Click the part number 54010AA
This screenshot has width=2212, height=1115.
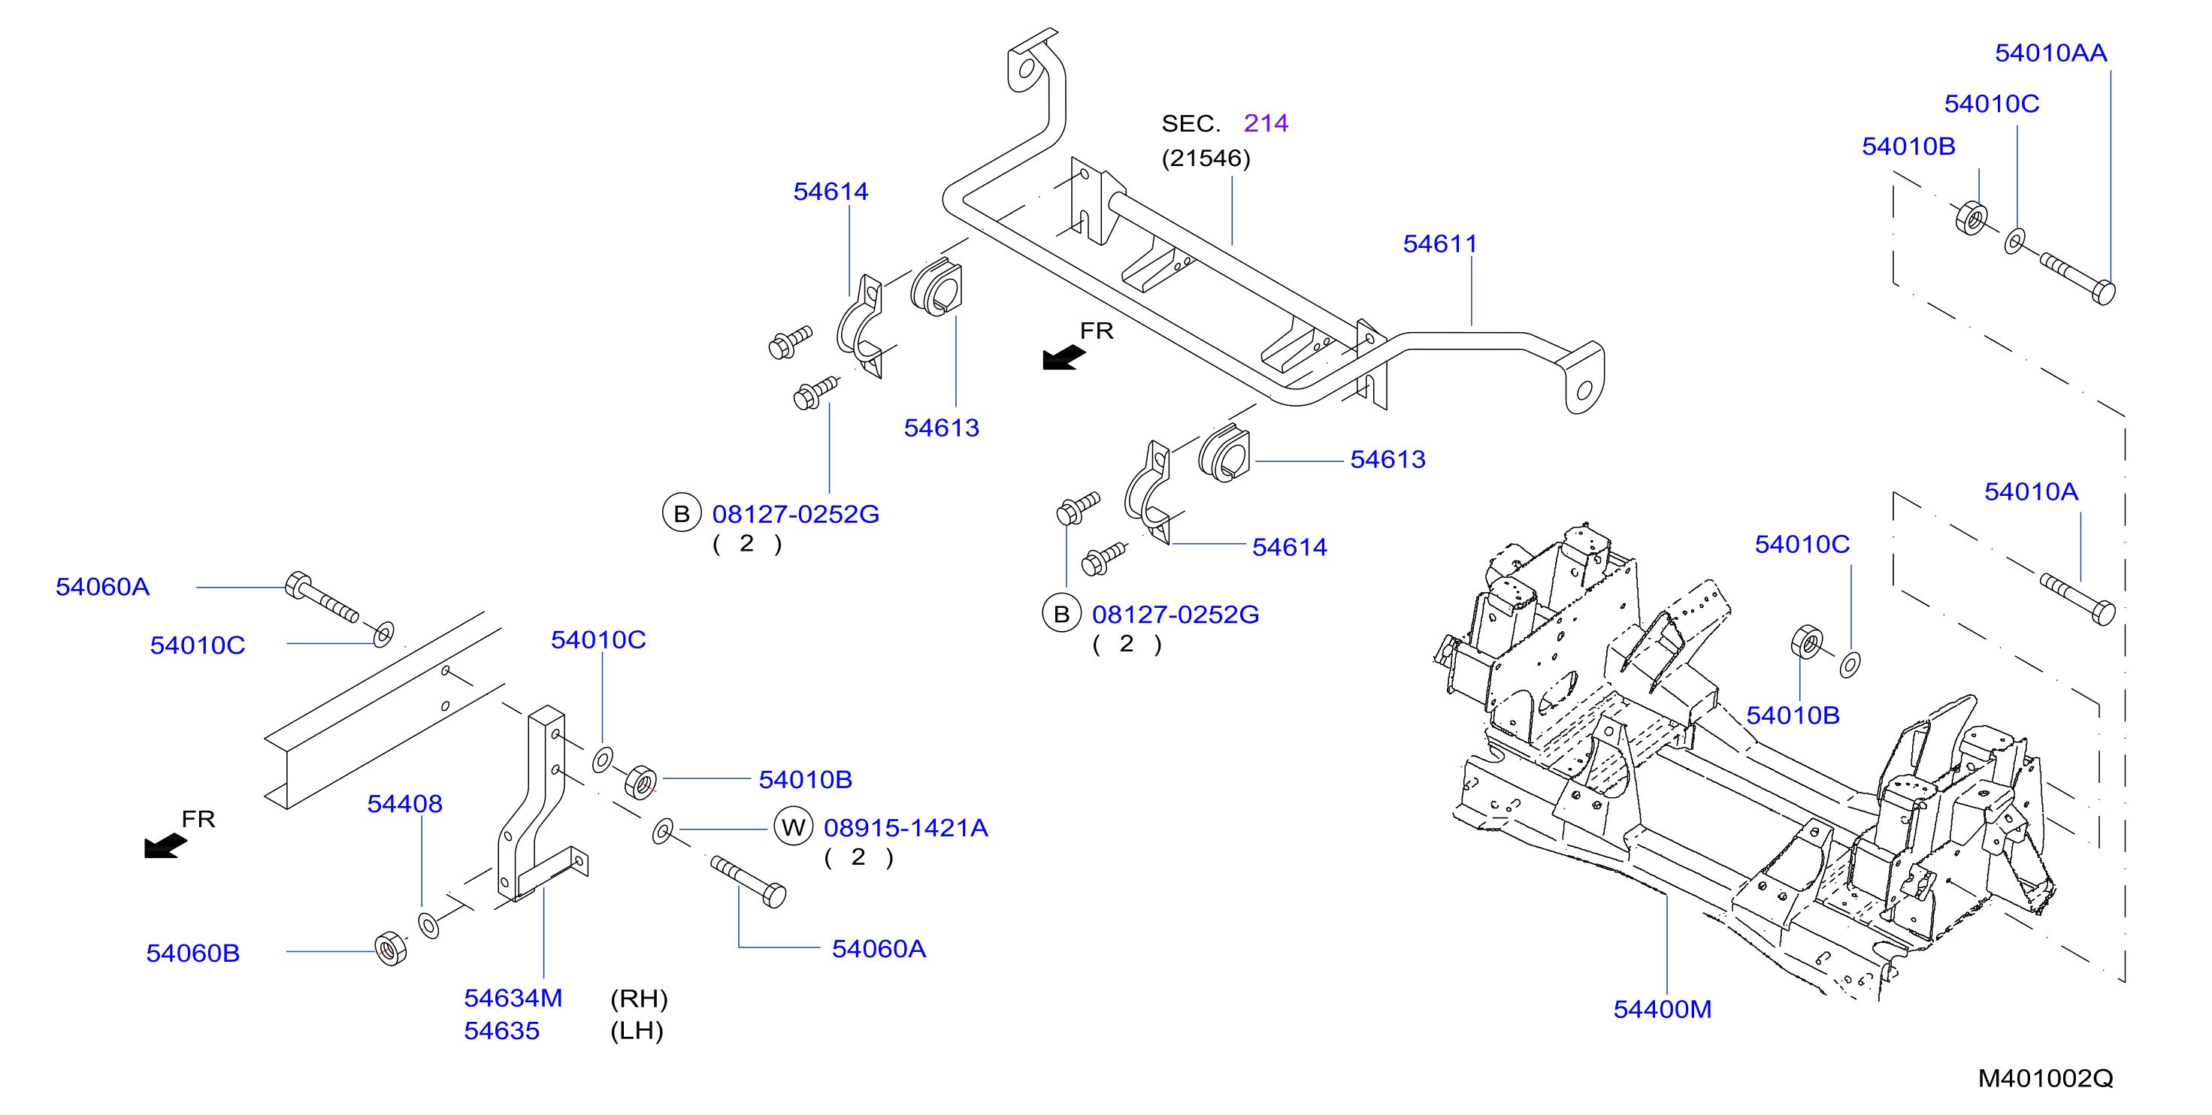point(2050,53)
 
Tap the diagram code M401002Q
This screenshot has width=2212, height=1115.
point(2045,1078)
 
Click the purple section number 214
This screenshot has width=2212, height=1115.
point(1266,124)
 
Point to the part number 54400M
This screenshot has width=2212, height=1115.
point(1663,1009)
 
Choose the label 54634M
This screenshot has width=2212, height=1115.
point(513,999)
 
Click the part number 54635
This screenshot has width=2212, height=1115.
point(501,1031)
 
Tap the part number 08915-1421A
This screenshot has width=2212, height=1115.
point(906,828)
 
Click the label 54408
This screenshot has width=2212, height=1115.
point(404,804)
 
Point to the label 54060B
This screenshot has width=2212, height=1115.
point(193,953)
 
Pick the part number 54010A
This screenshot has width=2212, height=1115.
point(2031,492)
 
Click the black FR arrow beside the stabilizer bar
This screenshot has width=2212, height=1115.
point(1064,357)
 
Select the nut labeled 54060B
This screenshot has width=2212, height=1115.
point(392,948)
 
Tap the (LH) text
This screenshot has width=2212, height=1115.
point(637,1031)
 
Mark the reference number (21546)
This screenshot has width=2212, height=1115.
point(1206,159)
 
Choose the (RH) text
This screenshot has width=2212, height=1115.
point(639,999)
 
